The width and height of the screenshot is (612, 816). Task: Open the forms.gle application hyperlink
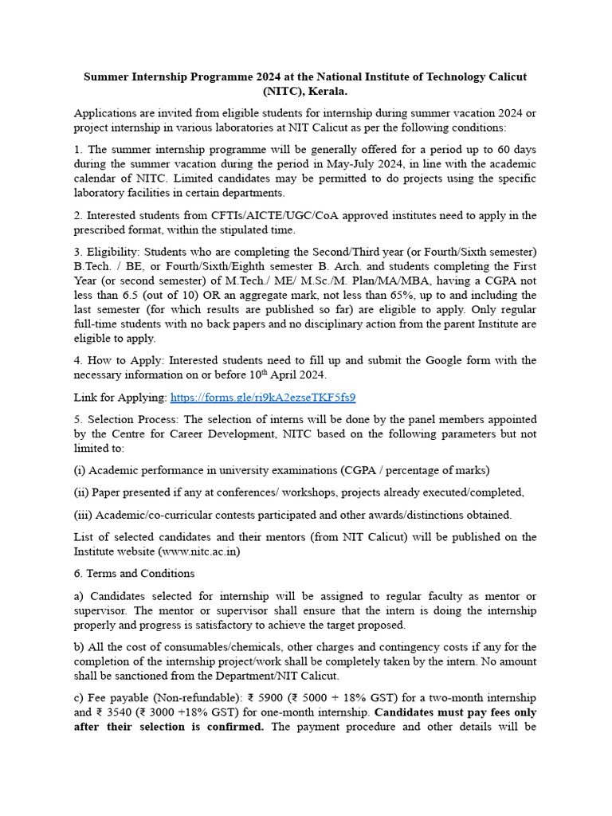263,397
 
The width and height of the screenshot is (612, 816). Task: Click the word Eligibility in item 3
114,252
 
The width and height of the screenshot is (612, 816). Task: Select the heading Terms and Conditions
141,573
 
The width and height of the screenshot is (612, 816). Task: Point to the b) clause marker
80,647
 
